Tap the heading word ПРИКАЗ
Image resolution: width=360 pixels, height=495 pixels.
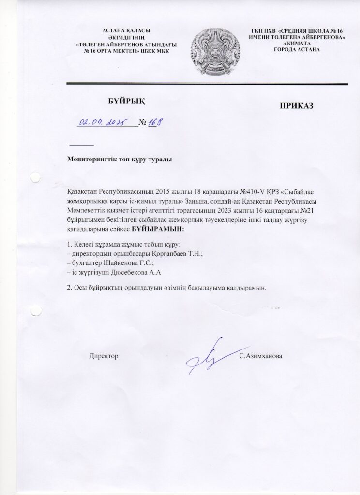(x=296, y=106)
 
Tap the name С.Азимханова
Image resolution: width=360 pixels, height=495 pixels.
(x=261, y=356)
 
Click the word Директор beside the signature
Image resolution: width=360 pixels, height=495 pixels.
(x=104, y=356)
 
